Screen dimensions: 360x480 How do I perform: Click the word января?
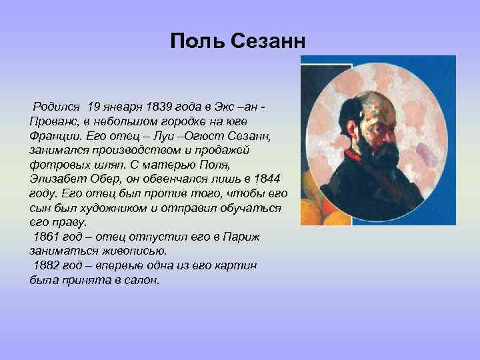[x=128, y=107]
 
